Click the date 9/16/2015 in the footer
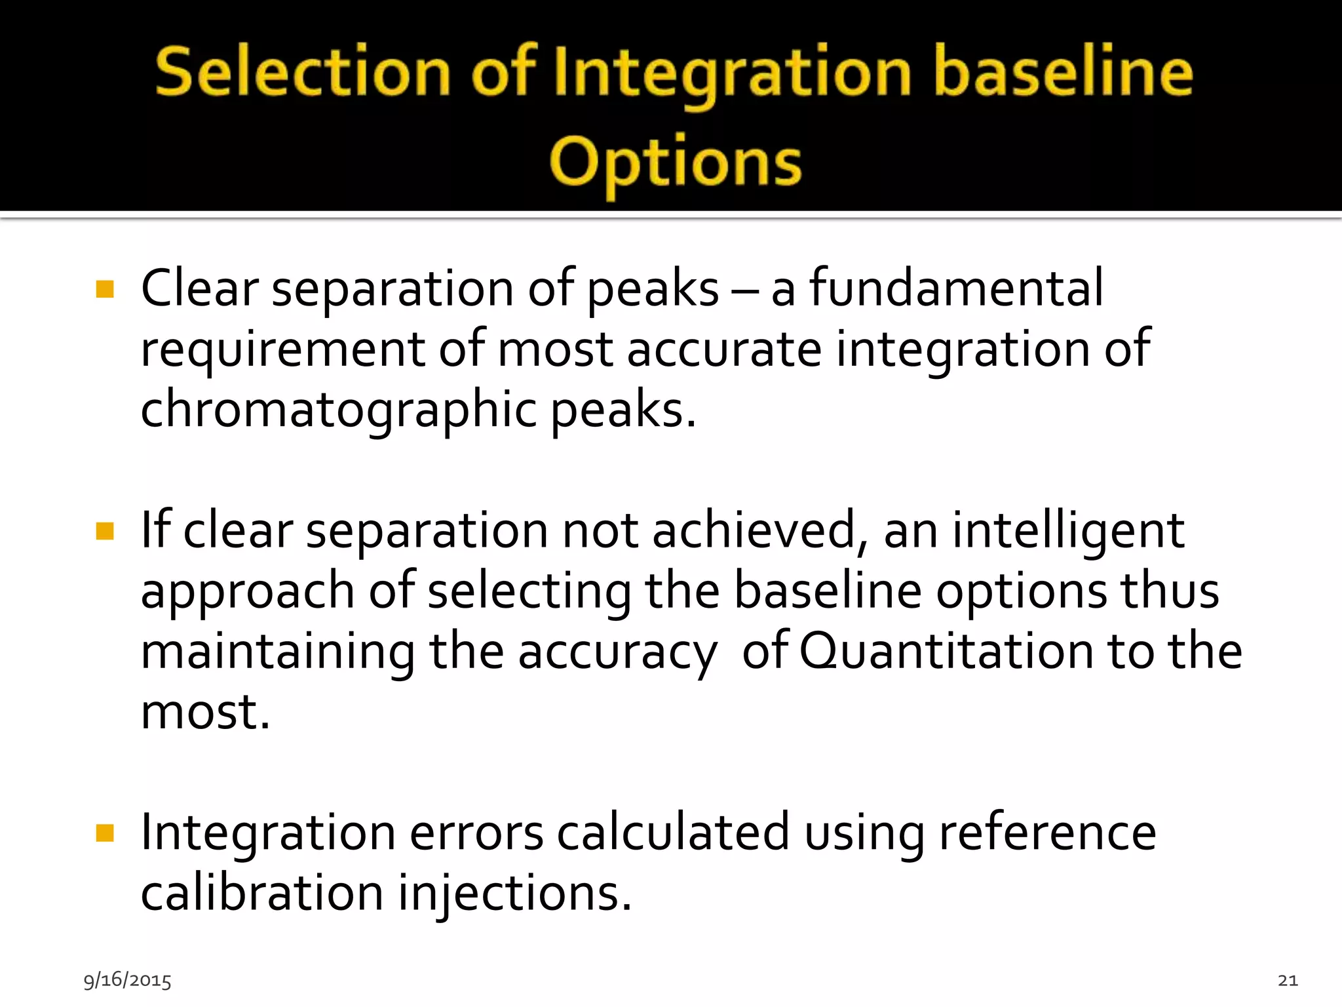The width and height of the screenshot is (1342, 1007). (x=127, y=980)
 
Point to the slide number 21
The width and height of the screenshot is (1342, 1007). (x=1288, y=980)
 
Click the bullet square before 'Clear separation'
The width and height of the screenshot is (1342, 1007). (x=105, y=290)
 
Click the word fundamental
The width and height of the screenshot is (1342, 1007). (x=956, y=288)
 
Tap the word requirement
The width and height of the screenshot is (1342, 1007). (x=282, y=349)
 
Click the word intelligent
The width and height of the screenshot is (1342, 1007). (x=1067, y=530)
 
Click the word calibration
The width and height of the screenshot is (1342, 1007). (x=261, y=894)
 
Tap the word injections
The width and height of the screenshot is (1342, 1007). (x=514, y=894)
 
